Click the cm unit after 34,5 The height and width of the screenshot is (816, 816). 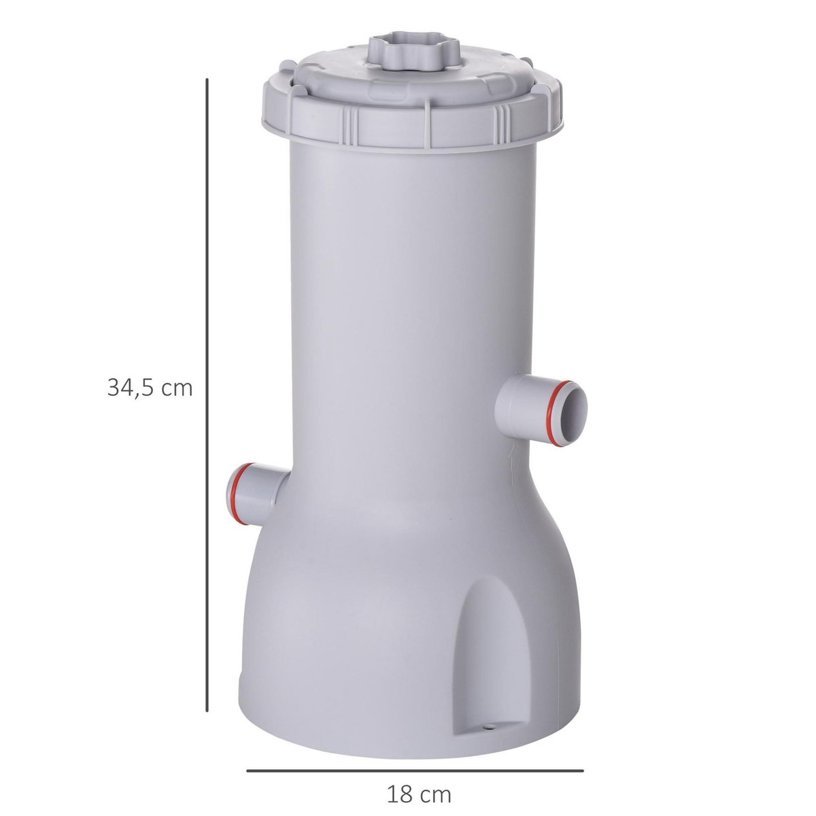coord(177,388)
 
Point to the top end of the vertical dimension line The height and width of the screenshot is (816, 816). coord(207,80)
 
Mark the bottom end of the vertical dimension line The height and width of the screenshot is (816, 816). coord(207,711)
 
